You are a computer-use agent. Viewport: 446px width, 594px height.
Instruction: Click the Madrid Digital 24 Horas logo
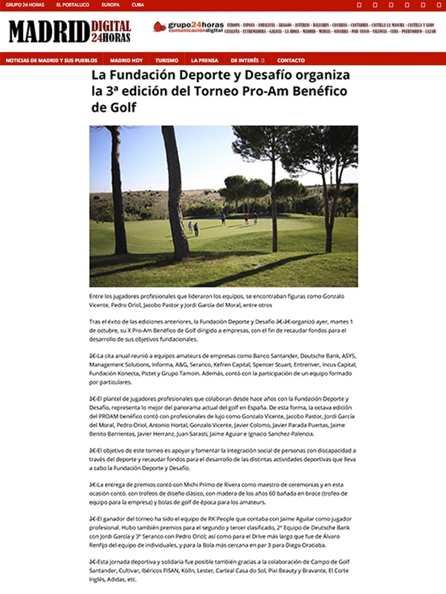click(59, 31)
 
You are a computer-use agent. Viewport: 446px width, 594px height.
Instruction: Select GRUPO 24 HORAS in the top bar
click(23, 4)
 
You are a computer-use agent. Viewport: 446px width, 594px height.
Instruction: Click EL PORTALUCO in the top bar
click(72, 4)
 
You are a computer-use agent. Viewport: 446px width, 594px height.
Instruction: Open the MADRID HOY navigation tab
click(126, 59)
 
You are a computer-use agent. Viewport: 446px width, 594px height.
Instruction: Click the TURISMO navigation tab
click(167, 59)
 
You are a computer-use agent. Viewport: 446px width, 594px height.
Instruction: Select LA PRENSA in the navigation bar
click(204, 59)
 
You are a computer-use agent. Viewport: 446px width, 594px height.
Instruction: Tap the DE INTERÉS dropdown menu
click(247, 59)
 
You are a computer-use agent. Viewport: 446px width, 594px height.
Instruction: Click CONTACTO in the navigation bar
click(291, 59)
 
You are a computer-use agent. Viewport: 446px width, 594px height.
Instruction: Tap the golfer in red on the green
click(245, 218)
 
